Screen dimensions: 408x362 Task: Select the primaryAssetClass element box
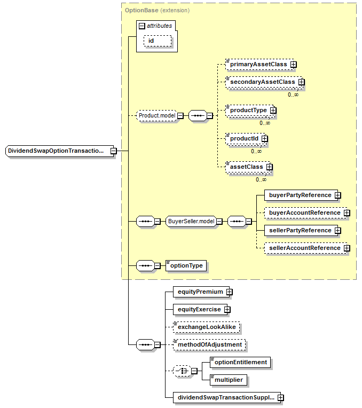[258, 64]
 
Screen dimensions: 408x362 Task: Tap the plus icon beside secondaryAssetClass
[302, 82]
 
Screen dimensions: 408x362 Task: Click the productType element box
[248, 110]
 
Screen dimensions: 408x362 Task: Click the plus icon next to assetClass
[270, 167]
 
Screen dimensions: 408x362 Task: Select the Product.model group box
[157, 116]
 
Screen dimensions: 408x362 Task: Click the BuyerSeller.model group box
[191, 221]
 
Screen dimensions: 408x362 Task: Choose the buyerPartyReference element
[300, 195]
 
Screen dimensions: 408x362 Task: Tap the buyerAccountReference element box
[304, 213]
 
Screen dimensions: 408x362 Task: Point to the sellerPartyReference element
[300, 230]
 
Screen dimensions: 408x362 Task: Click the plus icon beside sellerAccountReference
[347, 248]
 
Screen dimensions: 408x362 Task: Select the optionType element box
[186, 265]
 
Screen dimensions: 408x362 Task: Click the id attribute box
[157, 41]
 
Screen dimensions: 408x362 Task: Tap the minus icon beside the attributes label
[142, 26]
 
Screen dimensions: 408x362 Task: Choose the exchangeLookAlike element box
[206, 327]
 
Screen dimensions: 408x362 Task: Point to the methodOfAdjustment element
[209, 344]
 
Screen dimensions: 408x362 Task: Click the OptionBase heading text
[142, 10]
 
